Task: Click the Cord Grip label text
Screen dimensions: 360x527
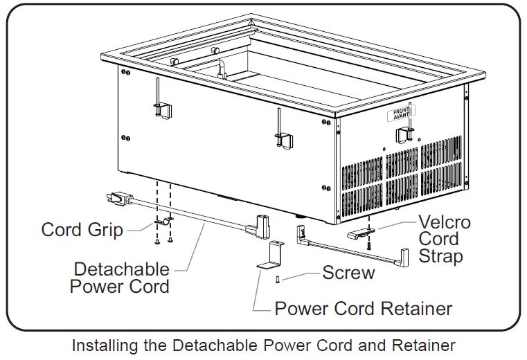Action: pyautogui.click(x=82, y=229)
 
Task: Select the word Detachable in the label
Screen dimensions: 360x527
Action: pyautogui.click(x=121, y=269)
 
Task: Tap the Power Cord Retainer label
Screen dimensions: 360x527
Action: pyautogui.click(x=364, y=308)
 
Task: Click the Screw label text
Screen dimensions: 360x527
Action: pyautogui.click(x=348, y=273)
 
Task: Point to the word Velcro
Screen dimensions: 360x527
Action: pyautogui.click(x=444, y=223)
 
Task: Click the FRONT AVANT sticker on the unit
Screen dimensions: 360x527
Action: pyautogui.click(x=401, y=114)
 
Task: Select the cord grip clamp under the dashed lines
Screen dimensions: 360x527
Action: pyautogui.click(x=163, y=222)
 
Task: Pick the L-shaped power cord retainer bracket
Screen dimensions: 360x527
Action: pyautogui.click(x=272, y=255)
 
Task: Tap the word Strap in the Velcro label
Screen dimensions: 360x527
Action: pyautogui.click(x=440, y=256)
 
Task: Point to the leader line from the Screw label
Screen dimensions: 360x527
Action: pyautogui.click(x=302, y=274)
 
